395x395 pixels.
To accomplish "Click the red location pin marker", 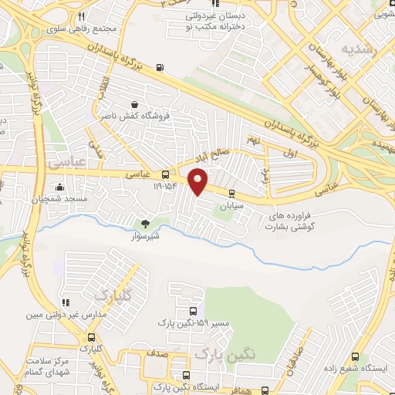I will click(x=198, y=181).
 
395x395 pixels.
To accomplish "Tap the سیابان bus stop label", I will click(x=232, y=207).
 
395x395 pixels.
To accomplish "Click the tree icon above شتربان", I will click(x=144, y=223).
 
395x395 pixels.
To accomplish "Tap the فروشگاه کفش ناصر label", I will click(x=129, y=115).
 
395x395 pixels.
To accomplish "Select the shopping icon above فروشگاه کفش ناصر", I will click(x=135, y=104).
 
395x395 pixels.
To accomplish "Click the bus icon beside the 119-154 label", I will click(x=165, y=174).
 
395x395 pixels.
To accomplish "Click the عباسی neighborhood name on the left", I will click(x=65, y=164).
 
